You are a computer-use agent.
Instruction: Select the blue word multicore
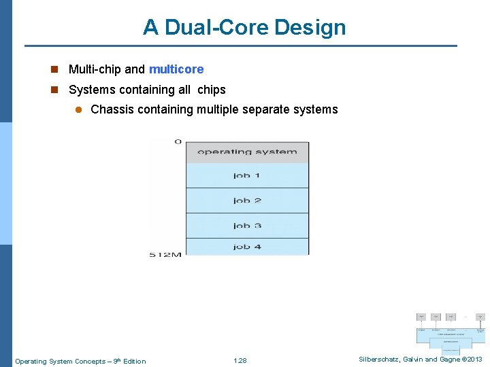click(176, 69)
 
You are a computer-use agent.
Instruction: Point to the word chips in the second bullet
click(211, 90)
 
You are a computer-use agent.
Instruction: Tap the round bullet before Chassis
click(78, 109)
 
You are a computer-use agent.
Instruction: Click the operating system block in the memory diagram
click(247, 152)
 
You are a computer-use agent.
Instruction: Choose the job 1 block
click(247, 175)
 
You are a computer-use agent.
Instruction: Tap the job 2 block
click(247, 200)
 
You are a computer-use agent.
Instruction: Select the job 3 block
click(247, 226)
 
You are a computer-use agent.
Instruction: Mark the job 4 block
click(247, 247)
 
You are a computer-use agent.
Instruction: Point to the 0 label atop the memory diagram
click(178, 142)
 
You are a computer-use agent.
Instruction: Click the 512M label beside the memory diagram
click(165, 255)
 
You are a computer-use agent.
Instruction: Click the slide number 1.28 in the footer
click(240, 361)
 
